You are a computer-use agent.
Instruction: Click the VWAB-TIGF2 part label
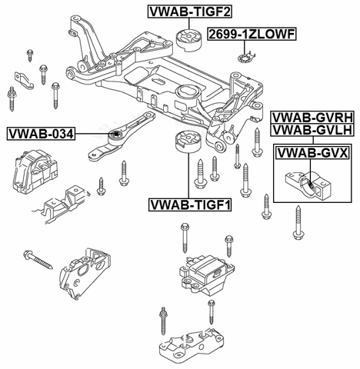coord(190,12)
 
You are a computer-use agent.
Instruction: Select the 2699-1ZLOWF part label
coord(252,34)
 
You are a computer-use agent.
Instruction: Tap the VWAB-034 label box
coord(41,134)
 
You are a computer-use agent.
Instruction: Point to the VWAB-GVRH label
coord(313,118)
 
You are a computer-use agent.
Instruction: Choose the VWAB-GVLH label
coord(313,130)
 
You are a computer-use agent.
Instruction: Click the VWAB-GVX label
coord(312,153)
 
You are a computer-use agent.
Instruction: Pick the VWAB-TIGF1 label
coord(190,204)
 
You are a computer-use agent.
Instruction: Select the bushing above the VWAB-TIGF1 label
coord(188,141)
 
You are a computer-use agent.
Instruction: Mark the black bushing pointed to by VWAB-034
coord(116,134)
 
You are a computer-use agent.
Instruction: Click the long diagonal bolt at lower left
coord(38,260)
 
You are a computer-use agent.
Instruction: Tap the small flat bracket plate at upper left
coord(24,80)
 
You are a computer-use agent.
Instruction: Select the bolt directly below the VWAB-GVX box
coord(298,222)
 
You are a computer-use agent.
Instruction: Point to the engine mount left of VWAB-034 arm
coord(35,171)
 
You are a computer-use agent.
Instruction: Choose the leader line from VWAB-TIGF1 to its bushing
coord(188,175)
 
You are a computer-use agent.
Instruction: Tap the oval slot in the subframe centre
coord(158,81)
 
